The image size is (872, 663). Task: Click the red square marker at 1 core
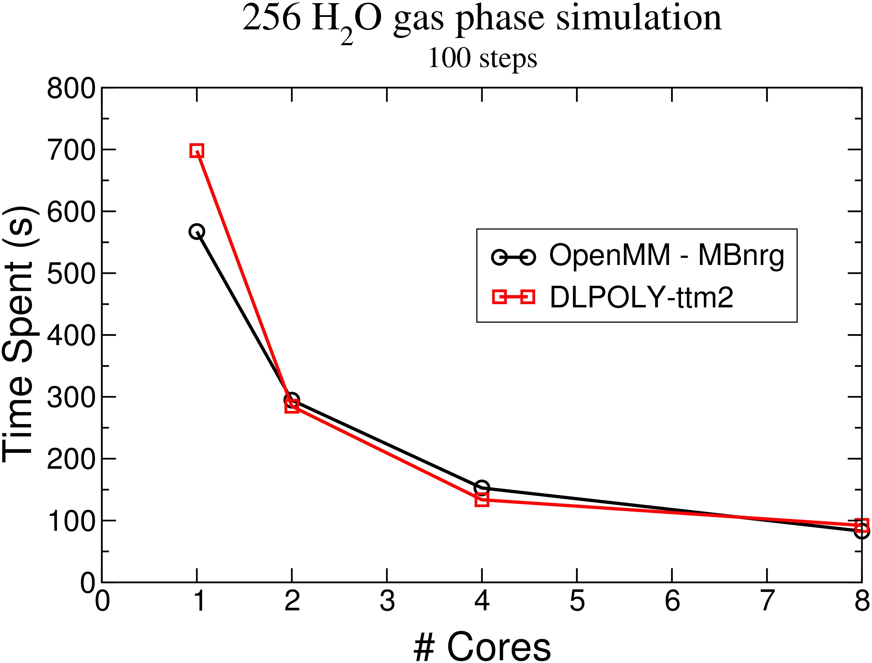197,150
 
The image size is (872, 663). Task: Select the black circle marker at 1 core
197,232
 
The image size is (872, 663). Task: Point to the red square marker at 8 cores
862,525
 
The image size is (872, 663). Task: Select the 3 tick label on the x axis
387,601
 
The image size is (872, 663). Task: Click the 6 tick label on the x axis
672,601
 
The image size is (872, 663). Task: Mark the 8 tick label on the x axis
862,601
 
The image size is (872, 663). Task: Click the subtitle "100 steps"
482,59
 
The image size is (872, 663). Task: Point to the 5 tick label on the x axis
577,601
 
